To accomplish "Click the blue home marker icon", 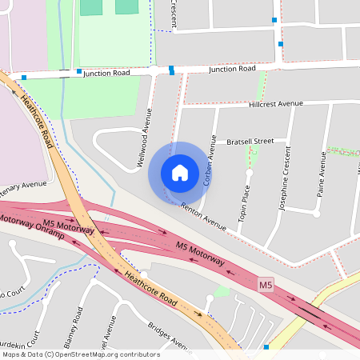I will [x=180, y=173].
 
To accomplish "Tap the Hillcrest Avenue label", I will [x=276, y=104].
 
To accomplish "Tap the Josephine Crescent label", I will [x=286, y=182].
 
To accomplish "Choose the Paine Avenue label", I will [x=322, y=182].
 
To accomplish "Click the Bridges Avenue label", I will [x=169, y=337].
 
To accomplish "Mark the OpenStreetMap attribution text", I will [x=81, y=354].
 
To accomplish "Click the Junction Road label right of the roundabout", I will [x=232, y=70].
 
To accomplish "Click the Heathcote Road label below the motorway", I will [x=150, y=288].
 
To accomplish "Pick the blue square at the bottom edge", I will [x=266, y=347].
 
